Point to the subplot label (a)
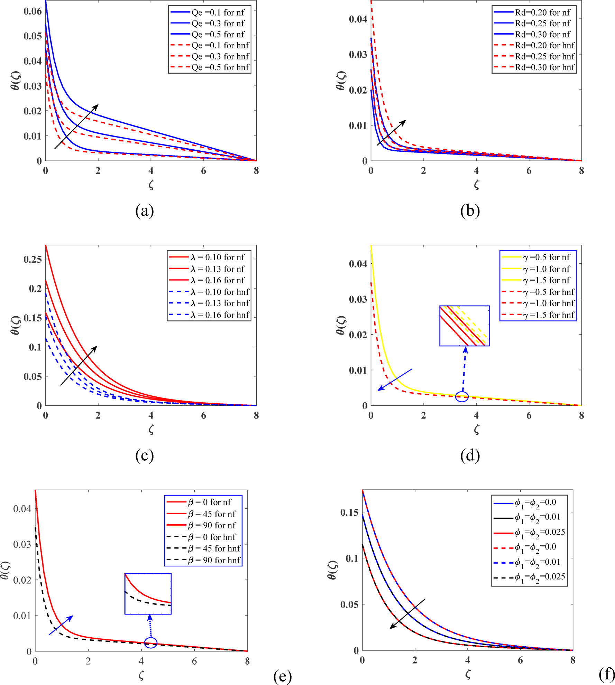[x=144, y=210]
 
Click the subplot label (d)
[x=470, y=456]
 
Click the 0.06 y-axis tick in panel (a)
[x=33, y=11]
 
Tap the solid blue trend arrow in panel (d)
[x=395, y=379]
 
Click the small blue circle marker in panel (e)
[x=151, y=642]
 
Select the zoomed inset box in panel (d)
[x=464, y=326]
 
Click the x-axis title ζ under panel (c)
[x=151, y=430]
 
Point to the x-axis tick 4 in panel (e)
[x=141, y=661]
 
